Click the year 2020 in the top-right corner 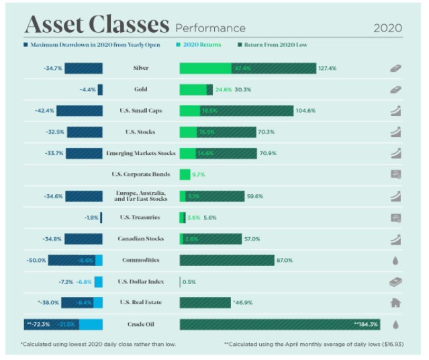point(387,28)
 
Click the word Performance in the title point(210,28)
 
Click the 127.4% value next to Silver point(328,69)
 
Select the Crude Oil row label point(141,324)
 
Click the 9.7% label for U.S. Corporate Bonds point(198,175)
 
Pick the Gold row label point(141,89)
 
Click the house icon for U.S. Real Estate point(395,303)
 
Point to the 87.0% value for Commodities point(284,260)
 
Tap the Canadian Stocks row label point(141,238)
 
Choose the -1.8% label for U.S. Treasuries point(92,217)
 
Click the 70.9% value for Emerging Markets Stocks point(266,153)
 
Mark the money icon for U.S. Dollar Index point(395,281)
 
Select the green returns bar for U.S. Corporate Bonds point(185,175)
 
